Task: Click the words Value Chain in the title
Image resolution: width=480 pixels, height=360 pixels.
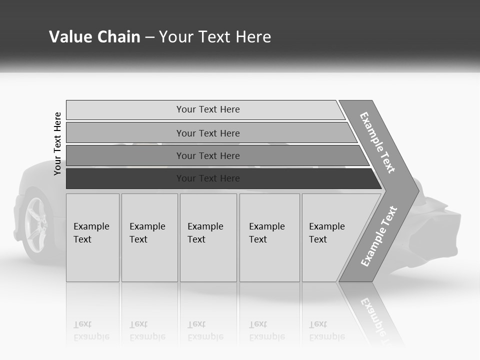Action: click(94, 37)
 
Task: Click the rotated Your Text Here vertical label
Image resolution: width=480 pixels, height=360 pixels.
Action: click(58, 143)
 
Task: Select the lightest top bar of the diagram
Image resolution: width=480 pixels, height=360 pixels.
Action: click(207, 110)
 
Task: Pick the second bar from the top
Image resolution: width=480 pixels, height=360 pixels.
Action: click(207, 133)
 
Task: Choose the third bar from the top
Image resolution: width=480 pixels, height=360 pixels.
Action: click(207, 155)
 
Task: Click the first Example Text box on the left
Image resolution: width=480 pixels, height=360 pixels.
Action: click(92, 237)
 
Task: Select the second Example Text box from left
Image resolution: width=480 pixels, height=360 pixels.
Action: click(149, 237)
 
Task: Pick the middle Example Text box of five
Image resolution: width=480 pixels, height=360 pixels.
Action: click(208, 237)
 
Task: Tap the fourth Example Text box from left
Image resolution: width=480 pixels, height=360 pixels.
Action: click(269, 237)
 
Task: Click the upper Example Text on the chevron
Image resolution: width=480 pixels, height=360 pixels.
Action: click(378, 142)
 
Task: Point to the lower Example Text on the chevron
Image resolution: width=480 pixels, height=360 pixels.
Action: click(379, 236)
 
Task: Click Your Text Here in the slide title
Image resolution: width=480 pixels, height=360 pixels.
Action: click(215, 37)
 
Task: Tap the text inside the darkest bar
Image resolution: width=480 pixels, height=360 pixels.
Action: click(208, 178)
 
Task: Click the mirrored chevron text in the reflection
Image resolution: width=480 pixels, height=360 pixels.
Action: click(375, 315)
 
